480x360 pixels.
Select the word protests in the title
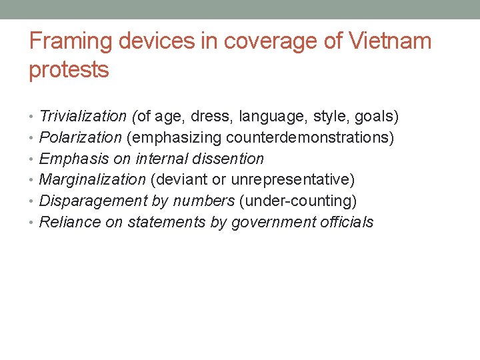[x=69, y=70]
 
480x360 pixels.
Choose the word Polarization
[x=81, y=138]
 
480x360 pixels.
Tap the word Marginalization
[x=93, y=180]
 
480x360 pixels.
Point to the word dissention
[x=231, y=159]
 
